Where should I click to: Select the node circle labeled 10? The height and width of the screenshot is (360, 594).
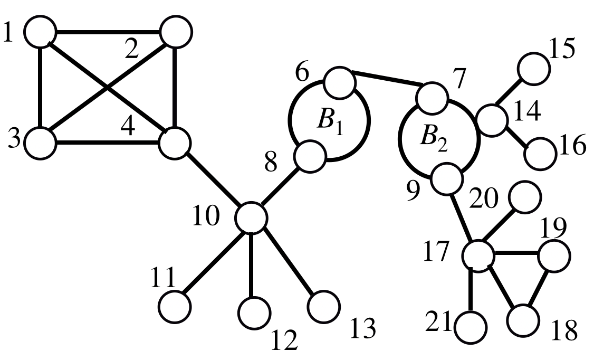pos(251,217)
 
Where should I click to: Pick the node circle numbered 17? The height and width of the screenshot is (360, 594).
pos(478,255)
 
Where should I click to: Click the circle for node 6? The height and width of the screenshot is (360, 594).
pos(339,82)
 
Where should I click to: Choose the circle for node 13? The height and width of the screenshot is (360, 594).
pos(324,306)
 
